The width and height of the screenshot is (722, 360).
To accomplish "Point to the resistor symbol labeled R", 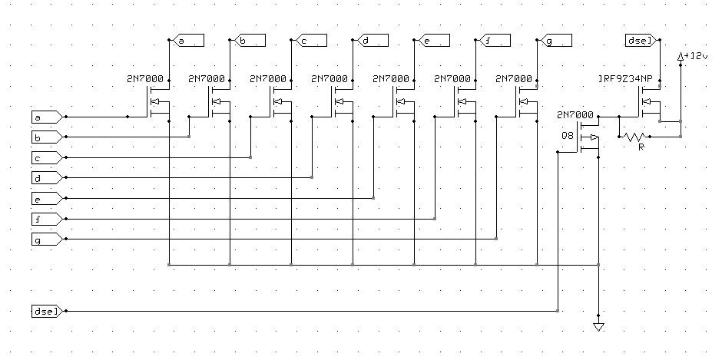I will click(x=635, y=137).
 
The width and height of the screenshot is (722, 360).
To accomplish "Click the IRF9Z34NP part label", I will click(x=629, y=79).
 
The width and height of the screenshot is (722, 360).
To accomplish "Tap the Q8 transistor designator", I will click(x=568, y=137).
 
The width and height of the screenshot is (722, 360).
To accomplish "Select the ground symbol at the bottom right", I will click(x=598, y=328).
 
